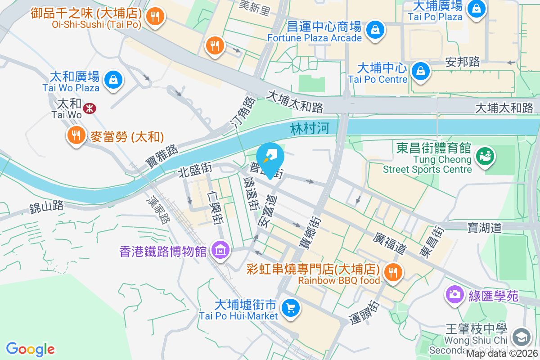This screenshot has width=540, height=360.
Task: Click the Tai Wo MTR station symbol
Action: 89,108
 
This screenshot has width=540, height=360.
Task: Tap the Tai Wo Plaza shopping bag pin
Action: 113,80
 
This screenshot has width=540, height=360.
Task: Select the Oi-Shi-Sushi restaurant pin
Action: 155,17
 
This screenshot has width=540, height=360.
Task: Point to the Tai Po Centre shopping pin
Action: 420,71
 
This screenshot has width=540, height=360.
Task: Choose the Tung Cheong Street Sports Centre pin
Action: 486,156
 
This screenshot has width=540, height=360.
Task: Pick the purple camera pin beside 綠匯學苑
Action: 454,295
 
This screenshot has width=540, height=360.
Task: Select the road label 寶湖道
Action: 485,228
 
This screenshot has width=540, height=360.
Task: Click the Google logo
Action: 30,349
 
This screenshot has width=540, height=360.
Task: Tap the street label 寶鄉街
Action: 309,234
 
